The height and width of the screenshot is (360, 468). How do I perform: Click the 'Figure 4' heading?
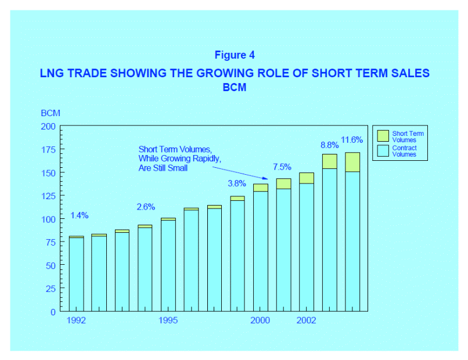(235, 55)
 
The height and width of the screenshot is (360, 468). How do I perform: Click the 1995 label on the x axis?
(168, 321)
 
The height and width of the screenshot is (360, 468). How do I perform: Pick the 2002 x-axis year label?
(307, 321)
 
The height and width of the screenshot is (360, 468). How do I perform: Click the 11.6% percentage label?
(352, 140)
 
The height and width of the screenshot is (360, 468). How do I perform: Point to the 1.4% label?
(80, 215)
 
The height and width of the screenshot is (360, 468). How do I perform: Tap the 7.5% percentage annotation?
(282, 167)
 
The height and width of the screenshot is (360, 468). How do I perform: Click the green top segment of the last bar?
(352, 162)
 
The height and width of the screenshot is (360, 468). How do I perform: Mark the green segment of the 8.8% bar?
(330, 161)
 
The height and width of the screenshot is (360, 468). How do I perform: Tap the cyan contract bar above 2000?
(261, 251)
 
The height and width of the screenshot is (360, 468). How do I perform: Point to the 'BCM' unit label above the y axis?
(51, 113)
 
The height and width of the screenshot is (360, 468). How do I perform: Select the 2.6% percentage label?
(146, 207)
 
